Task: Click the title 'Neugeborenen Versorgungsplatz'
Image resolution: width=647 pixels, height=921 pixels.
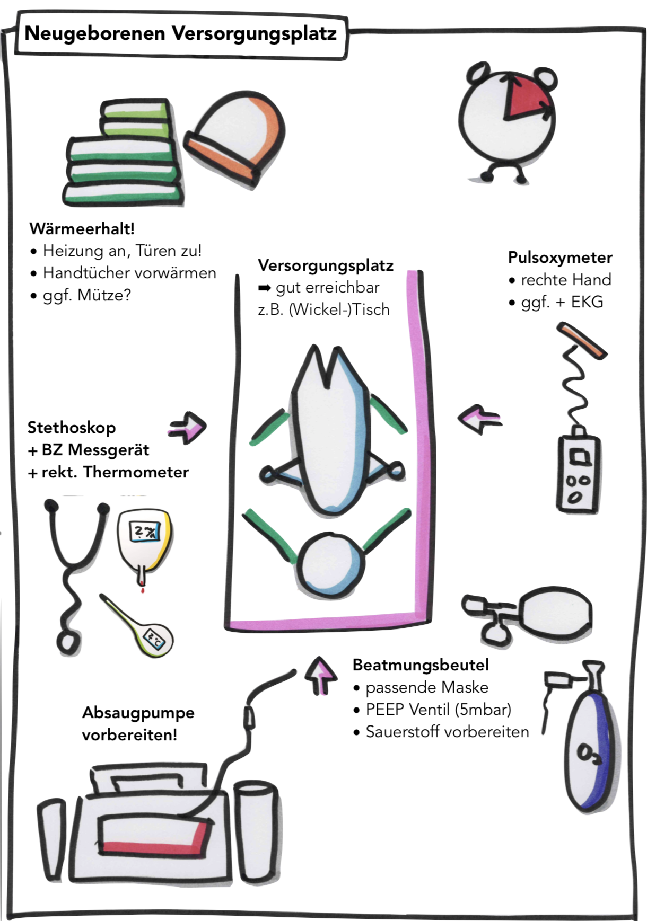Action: click(x=180, y=33)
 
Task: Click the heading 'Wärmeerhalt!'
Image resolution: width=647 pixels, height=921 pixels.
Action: click(x=82, y=229)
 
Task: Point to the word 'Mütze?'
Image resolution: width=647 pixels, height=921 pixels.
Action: click(x=104, y=295)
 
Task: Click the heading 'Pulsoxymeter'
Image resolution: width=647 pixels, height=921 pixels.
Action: click(x=560, y=258)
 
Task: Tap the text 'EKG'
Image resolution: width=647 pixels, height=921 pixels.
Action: click(x=587, y=302)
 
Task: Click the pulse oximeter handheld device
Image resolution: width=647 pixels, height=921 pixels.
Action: click(x=578, y=473)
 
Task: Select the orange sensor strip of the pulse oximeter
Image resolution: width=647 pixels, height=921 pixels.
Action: click(x=582, y=341)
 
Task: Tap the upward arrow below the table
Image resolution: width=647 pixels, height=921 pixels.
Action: click(x=320, y=674)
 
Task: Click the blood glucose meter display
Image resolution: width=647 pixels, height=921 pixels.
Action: click(x=145, y=532)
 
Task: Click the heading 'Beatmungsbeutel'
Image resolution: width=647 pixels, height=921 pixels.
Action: click(x=421, y=665)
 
